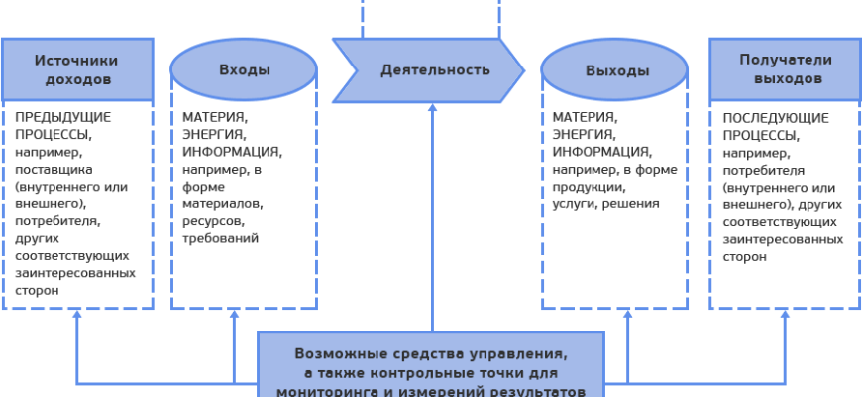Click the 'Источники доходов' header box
point(77,68)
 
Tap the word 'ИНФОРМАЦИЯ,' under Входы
point(233,152)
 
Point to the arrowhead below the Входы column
point(235,315)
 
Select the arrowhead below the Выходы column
point(627,315)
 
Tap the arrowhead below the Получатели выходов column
point(784,315)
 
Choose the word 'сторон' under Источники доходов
point(37,292)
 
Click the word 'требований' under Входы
point(220,238)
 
